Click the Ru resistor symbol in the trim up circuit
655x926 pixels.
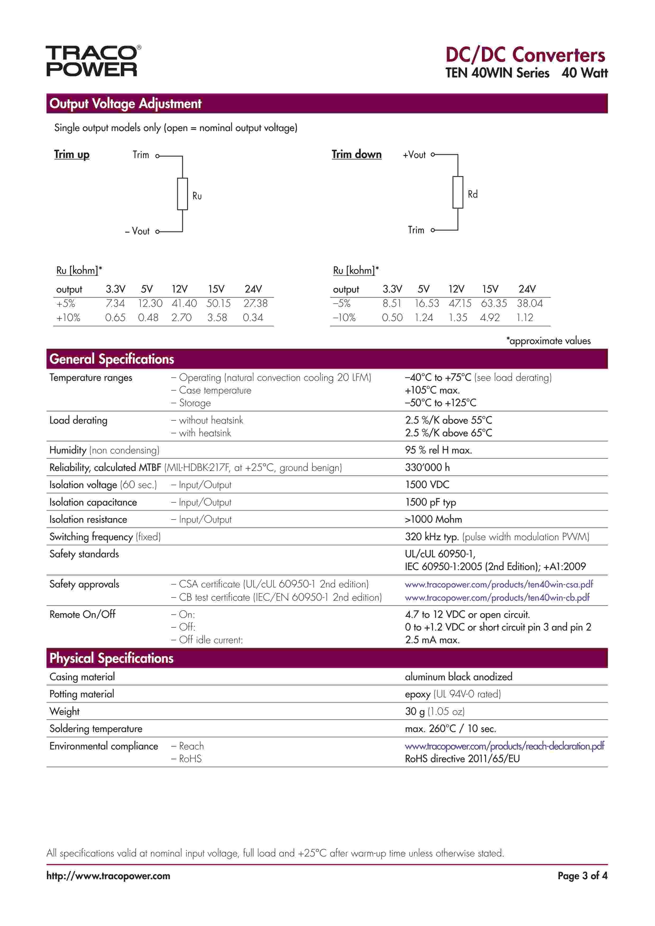click(x=182, y=194)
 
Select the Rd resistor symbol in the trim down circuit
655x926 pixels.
click(x=458, y=192)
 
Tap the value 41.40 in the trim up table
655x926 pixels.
click(x=184, y=303)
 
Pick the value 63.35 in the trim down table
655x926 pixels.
click(x=493, y=303)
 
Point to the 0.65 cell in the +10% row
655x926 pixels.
click(x=115, y=318)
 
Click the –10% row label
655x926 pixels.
click(x=344, y=318)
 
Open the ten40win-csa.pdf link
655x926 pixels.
click(x=499, y=584)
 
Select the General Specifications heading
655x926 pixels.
click(x=112, y=359)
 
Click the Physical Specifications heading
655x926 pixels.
click(x=111, y=658)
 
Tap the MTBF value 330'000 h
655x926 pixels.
click(x=427, y=467)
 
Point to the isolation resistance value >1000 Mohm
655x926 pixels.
click(x=433, y=520)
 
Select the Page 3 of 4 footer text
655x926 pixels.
click(x=582, y=876)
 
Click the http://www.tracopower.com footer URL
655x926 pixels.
click(x=108, y=876)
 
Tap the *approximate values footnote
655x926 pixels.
click(x=548, y=341)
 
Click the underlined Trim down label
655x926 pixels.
click(x=356, y=155)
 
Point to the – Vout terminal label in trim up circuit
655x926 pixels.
click(x=138, y=231)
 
